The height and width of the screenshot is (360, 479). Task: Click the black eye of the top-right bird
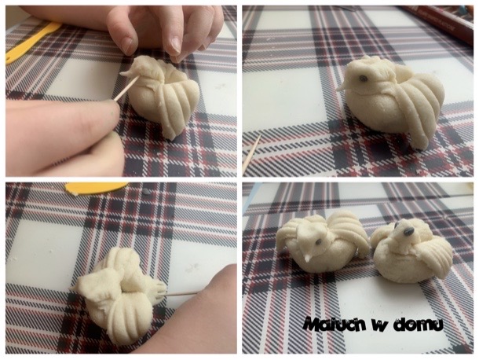tap(363, 79)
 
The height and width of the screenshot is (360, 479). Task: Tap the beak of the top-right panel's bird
tap(343, 87)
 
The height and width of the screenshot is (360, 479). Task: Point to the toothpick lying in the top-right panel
tap(251, 154)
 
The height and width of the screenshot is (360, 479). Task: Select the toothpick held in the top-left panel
tap(126, 88)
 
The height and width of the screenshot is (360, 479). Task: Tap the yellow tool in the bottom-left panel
tap(97, 187)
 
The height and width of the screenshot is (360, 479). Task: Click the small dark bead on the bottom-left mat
tap(146, 192)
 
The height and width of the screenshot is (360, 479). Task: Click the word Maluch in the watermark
tap(335, 324)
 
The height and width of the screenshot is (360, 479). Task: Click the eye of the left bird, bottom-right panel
tap(319, 242)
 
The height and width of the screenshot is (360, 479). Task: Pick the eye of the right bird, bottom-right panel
tap(408, 232)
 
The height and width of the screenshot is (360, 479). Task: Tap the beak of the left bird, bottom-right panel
tap(308, 258)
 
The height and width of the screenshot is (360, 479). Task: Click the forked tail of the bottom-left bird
tap(159, 290)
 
